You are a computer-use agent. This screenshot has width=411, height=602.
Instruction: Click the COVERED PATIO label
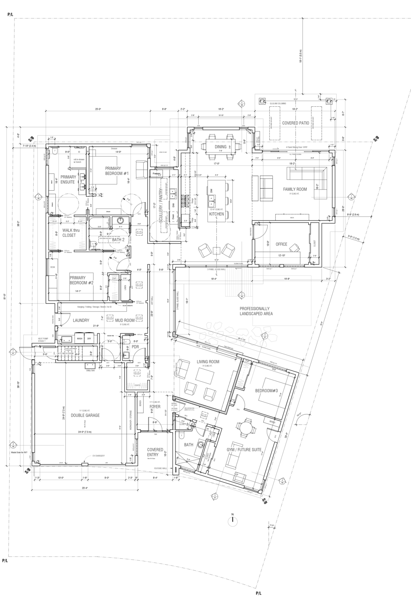(295, 123)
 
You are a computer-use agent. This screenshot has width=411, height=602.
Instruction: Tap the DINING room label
(220, 147)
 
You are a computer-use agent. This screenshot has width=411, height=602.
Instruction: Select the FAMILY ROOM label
(295, 189)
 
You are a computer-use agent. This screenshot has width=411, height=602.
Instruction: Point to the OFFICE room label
(281, 244)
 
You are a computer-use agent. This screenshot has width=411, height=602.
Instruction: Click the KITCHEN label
(216, 214)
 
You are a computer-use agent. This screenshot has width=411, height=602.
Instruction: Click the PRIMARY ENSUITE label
(68, 179)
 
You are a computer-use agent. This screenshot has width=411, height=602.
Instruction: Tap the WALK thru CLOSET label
(69, 233)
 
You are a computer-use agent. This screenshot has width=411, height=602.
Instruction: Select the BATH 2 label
(119, 240)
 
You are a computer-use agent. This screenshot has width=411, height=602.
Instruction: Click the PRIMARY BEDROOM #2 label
(81, 280)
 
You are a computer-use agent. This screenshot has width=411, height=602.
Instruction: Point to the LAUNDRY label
(81, 320)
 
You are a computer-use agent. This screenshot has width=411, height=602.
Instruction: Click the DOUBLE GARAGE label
(85, 415)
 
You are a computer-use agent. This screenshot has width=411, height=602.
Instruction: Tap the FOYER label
(155, 407)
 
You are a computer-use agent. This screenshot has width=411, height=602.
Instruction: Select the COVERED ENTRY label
(155, 452)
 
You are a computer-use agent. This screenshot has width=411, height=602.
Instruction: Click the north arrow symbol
(232, 521)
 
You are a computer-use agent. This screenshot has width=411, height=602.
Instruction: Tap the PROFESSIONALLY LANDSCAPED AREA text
(256, 311)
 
